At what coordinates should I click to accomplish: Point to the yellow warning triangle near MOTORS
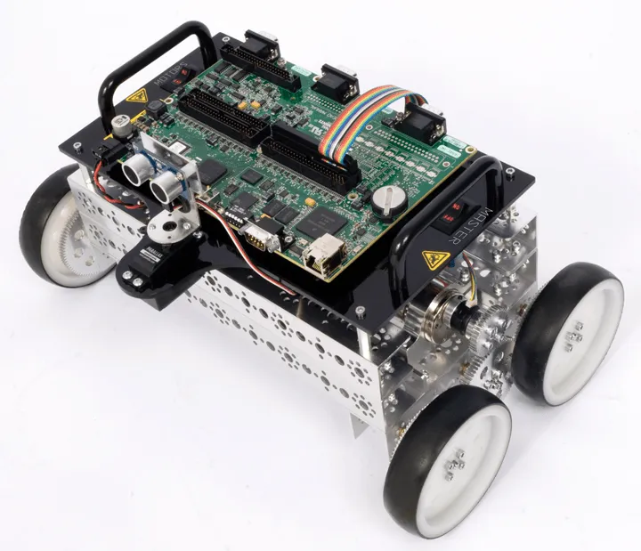[136, 98]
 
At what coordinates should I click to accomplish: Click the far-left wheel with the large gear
[58, 233]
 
